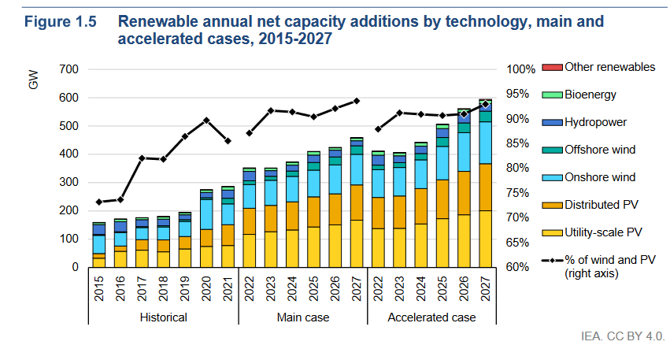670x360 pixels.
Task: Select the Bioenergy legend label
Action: (x=590, y=95)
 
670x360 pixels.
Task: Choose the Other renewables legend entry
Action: (x=609, y=67)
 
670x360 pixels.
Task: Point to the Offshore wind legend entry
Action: (x=600, y=150)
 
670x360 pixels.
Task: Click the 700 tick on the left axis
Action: (x=68, y=69)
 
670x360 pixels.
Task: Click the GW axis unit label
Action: (x=34, y=80)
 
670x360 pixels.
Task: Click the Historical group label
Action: (x=163, y=317)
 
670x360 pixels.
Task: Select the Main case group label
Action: (x=303, y=317)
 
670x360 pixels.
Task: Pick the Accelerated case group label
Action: (x=431, y=317)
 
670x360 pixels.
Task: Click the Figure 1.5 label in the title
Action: (x=61, y=22)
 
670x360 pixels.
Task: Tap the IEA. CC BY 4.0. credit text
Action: (x=621, y=336)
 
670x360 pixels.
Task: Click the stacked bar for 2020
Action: (x=206, y=228)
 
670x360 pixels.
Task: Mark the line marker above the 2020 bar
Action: (x=206, y=120)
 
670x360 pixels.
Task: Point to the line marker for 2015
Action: (x=99, y=202)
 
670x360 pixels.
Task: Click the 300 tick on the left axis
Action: (x=68, y=183)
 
